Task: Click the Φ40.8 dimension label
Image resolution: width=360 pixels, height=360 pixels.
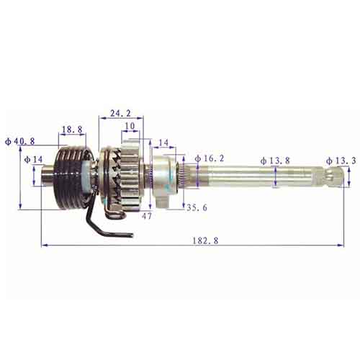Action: pos(19,141)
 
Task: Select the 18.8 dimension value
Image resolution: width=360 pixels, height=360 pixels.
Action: pos(71,130)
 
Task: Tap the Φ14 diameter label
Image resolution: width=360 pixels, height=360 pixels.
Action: pos(33,159)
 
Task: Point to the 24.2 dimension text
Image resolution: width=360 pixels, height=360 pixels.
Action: pos(120,112)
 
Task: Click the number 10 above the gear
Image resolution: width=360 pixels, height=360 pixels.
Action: pos(130,126)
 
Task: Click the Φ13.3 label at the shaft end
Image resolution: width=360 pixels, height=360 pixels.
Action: pos(340,161)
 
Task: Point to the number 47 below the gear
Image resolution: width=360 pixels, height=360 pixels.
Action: pos(148,215)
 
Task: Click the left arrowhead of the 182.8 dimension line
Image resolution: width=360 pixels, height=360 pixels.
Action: pos(44,246)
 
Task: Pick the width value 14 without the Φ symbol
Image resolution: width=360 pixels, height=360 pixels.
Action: pos(163,143)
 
